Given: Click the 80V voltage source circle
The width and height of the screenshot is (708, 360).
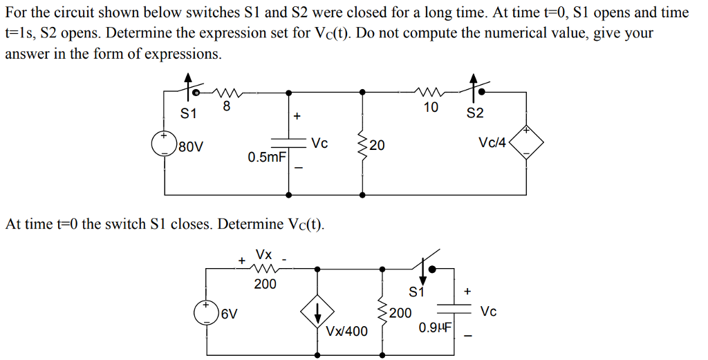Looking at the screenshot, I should [164, 144].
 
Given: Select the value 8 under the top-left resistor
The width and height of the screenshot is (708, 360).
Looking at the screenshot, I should [225, 108].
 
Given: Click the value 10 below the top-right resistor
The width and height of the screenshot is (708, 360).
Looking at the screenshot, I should [431, 107].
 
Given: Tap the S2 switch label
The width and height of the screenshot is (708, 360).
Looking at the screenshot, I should [475, 113].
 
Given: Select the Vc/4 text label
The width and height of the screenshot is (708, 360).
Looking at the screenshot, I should [492, 143].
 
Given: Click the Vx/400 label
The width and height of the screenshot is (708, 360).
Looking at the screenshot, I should [347, 332].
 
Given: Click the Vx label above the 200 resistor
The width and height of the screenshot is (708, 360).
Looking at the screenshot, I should [264, 255].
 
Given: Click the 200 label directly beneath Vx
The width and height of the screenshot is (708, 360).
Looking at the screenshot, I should [265, 283].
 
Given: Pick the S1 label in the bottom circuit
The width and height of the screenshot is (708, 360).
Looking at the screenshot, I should [416, 291].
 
